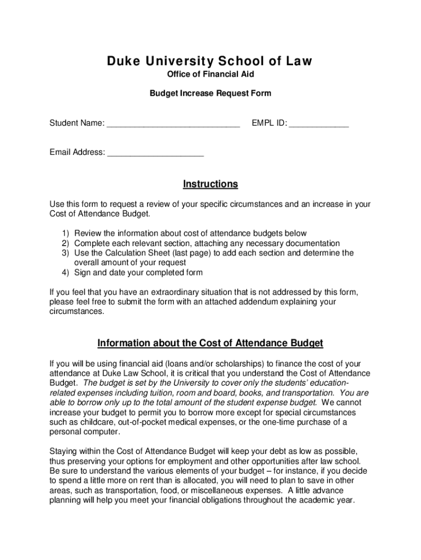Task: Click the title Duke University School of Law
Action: [210, 61]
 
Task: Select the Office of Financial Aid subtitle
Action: [210, 74]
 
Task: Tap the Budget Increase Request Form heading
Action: [210, 94]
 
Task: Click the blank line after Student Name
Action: [173, 125]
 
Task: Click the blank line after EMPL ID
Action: [319, 125]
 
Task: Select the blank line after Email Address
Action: [155, 153]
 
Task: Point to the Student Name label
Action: [77, 124]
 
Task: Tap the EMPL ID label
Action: [269, 124]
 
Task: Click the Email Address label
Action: [77, 152]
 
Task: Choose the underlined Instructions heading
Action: [210, 184]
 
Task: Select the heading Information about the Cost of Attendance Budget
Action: [210, 343]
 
